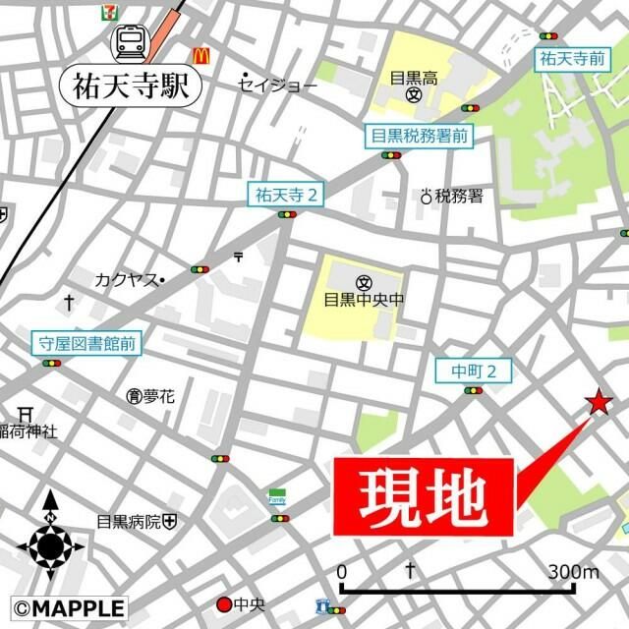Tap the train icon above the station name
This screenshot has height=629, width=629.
(x=130, y=42)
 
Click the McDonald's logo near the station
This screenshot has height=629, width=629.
(x=203, y=56)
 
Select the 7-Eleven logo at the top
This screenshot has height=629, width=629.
(x=107, y=13)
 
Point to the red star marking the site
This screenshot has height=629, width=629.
(x=598, y=401)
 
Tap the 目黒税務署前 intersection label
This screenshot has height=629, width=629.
(x=420, y=137)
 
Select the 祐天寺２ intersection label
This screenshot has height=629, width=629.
(x=285, y=195)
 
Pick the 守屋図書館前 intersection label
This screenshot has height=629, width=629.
(x=86, y=343)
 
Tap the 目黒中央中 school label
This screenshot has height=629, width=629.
(x=364, y=299)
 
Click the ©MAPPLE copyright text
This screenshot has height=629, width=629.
(x=69, y=608)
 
